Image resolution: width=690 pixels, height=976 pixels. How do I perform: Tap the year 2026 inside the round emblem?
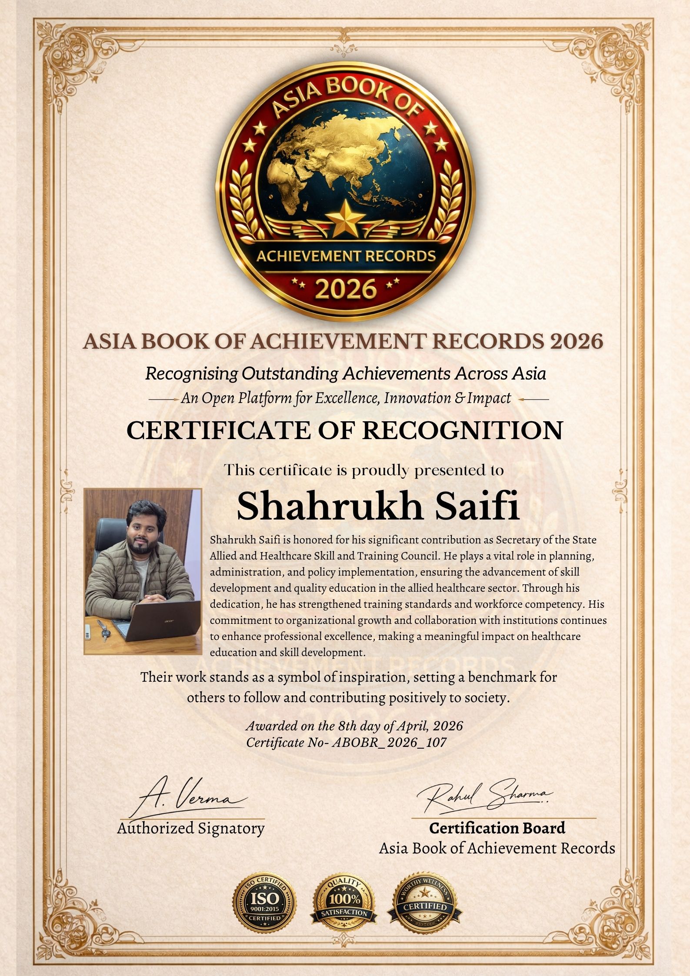click(345, 289)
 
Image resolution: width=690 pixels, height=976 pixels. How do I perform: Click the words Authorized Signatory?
click(190, 828)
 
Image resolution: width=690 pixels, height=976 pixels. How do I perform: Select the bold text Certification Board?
click(497, 828)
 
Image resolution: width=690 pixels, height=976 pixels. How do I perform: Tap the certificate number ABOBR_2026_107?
click(389, 742)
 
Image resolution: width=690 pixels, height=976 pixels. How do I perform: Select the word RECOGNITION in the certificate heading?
click(462, 430)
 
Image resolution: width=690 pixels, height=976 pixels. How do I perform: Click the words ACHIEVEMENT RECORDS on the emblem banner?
click(346, 256)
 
